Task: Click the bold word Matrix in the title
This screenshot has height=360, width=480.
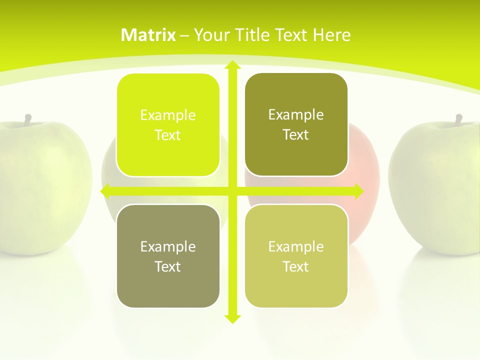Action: coord(148,35)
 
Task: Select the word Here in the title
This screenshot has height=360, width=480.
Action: coord(331,35)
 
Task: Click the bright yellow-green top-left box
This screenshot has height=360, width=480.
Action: coord(168,125)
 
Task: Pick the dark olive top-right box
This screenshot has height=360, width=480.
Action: coord(296,124)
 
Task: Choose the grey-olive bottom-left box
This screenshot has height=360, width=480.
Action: coord(168,256)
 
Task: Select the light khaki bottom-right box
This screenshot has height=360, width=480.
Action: coord(296,256)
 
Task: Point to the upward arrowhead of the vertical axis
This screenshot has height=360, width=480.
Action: coord(232,65)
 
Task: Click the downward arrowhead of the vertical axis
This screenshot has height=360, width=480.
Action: coord(232,318)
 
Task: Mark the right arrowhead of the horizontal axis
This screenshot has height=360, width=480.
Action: coord(358,191)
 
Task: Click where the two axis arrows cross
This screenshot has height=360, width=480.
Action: coord(232,191)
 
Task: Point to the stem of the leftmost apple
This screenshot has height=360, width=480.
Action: coord(28,119)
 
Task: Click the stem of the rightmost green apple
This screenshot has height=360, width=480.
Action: coord(458,119)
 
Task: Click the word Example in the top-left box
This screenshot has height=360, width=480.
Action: coord(168,115)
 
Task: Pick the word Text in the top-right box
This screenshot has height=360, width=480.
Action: coord(296,134)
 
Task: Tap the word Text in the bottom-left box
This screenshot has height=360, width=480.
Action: coord(168,266)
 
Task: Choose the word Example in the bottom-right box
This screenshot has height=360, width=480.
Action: coord(296,246)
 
